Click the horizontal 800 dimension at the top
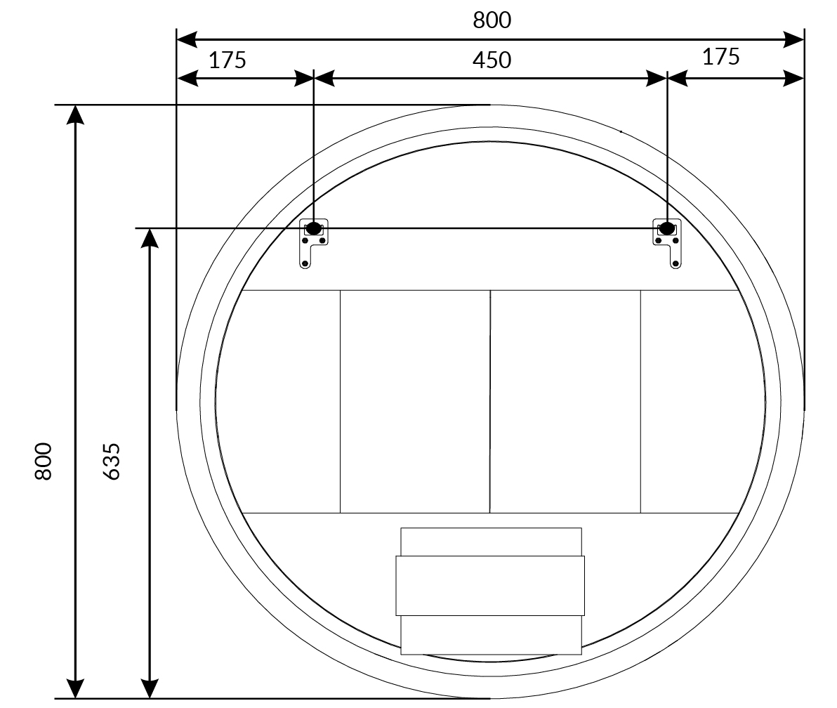point(492,20)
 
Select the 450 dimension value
point(492,60)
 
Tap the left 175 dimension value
point(228,60)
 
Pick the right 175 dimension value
point(720,57)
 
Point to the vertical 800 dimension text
point(44,461)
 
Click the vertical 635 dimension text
point(111,461)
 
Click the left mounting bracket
point(313,244)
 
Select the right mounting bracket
point(667,244)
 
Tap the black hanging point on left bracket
point(313,228)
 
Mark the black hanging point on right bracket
point(666,228)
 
